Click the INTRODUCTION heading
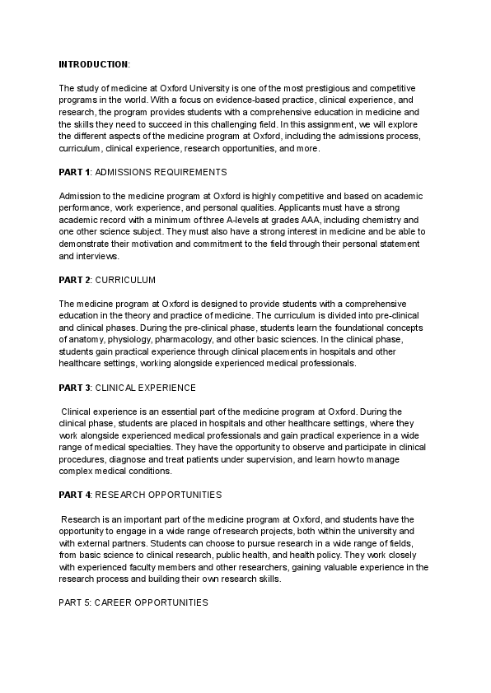click(x=93, y=63)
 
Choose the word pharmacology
click(x=219, y=340)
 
